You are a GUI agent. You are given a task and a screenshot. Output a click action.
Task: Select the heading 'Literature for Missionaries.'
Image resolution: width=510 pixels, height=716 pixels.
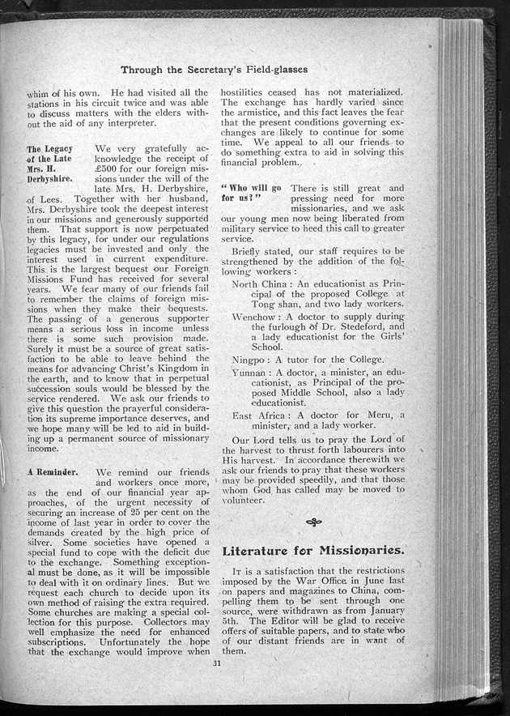[313, 550]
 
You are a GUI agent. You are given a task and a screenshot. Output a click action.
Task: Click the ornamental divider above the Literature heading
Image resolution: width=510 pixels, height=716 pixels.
[312, 522]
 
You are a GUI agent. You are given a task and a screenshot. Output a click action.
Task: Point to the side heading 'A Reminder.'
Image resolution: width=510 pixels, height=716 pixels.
[51, 471]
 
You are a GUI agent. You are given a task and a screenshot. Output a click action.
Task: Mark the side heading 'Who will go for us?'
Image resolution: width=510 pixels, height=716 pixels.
[249, 193]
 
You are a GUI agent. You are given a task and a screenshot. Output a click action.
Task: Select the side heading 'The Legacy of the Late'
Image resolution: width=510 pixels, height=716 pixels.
[53, 156]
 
